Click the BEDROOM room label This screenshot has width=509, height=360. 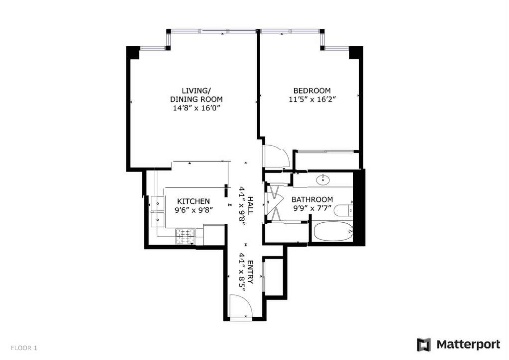[312, 91]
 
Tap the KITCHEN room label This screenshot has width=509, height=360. [194, 201]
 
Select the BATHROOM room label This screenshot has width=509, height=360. [312, 199]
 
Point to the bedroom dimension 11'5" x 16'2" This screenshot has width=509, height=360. [312, 99]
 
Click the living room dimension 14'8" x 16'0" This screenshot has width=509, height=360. [197, 108]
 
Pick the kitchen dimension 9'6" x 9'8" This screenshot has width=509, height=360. [194, 210]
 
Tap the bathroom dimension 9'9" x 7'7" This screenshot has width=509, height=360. [312, 208]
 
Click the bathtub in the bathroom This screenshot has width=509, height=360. [333, 231]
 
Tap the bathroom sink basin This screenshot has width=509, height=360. [323, 179]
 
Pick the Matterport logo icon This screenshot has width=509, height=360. [423, 345]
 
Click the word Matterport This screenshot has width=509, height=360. [468, 344]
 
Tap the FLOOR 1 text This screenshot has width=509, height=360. [24, 348]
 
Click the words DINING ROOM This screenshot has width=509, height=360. [197, 99]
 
